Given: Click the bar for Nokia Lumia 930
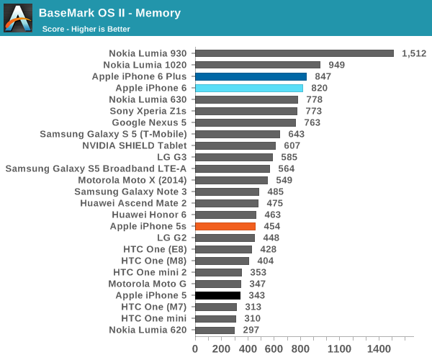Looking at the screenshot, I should tap(294, 53).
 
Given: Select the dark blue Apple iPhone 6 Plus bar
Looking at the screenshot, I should tap(251, 76).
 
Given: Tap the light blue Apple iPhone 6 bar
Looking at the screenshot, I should tap(249, 88).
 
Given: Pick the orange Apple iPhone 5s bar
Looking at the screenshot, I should tap(225, 226).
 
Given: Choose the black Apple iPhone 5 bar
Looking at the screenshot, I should tap(217, 295).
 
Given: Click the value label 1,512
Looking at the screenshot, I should tap(414, 53).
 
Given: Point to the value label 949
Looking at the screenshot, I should tap(336, 65).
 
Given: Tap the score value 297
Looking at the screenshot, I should tap(251, 330).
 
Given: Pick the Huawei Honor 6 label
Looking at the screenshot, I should tap(149, 215).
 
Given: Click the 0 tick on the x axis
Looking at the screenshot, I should tap(195, 349).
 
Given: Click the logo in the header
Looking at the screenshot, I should tap(18, 18).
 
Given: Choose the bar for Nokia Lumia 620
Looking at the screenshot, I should tap(215, 330).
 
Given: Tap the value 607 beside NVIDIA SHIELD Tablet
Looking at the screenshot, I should tap(292, 145).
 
